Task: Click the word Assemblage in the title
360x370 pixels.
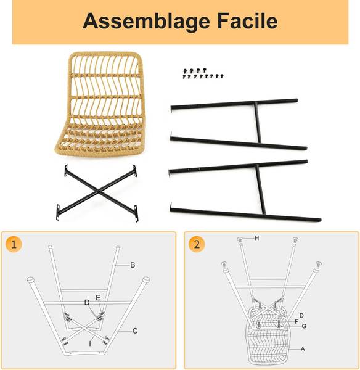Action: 146,22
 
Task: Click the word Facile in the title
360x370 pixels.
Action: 247,21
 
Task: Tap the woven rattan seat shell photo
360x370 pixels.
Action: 99,104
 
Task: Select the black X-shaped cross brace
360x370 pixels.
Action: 97,193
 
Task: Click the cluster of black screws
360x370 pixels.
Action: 203,73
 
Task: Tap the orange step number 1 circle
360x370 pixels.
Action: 14,244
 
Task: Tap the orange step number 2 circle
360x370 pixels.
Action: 197,244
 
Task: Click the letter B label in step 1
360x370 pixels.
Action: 133,265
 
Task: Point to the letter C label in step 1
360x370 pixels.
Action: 135,331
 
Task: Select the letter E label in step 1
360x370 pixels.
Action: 98,298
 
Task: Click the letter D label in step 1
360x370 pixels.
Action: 87,303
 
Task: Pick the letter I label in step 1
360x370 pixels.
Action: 90,344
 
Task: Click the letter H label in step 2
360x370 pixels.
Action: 257,238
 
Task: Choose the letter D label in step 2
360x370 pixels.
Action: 301,316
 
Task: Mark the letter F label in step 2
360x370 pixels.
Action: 297,321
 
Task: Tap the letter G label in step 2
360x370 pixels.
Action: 304,326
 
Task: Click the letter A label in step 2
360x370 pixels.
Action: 303,349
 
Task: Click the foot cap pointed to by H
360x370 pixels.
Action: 240,239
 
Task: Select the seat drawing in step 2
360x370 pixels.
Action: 268,335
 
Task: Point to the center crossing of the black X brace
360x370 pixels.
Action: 98,192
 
